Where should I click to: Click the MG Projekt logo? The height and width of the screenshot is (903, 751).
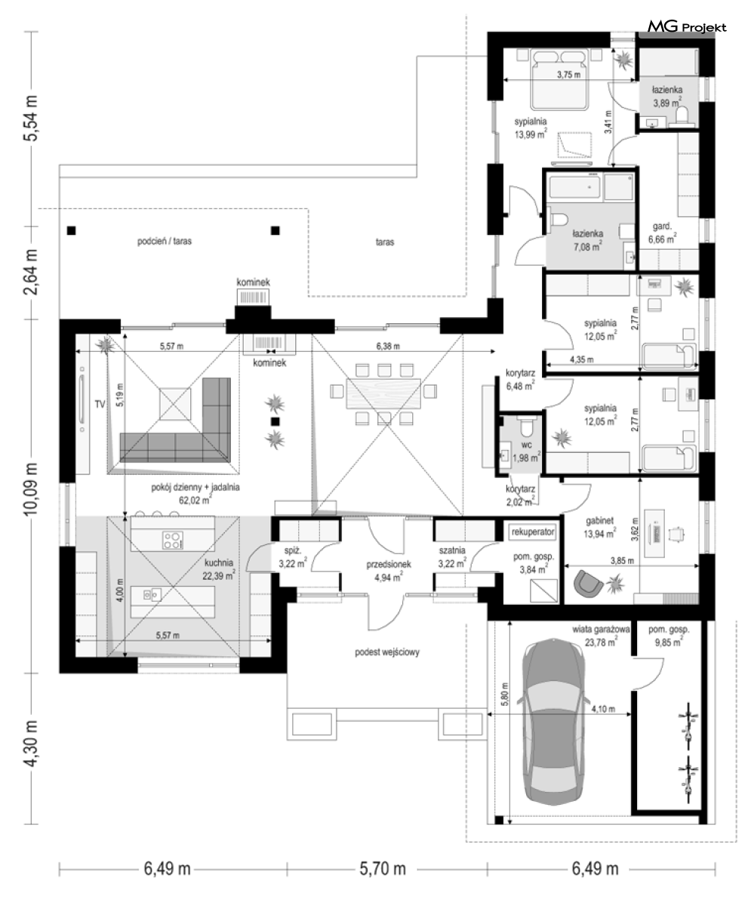tap(687, 26)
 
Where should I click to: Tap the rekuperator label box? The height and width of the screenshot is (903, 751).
tap(533, 532)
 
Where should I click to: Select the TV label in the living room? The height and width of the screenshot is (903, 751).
tap(100, 404)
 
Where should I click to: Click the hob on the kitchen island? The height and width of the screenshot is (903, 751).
tap(172, 540)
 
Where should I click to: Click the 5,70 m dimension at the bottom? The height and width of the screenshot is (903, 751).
tap(383, 868)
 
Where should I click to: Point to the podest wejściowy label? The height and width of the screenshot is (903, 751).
tap(387, 652)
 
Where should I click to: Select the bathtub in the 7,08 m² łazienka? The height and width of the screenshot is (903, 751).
tap(574, 187)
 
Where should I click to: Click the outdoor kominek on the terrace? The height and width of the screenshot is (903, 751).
tap(254, 297)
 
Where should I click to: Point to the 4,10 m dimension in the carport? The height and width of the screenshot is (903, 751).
tap(603, 709)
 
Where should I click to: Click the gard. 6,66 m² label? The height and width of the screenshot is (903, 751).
tap(662, 233)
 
